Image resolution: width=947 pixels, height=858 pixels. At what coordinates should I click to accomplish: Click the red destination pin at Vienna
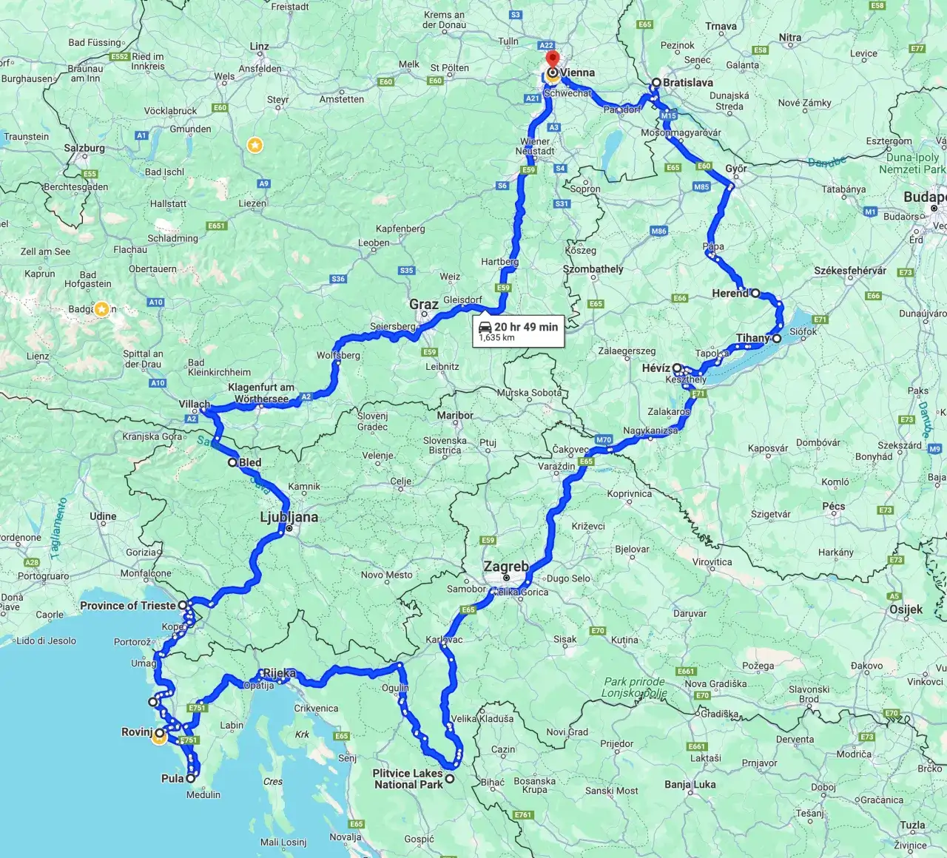tap(552, 59)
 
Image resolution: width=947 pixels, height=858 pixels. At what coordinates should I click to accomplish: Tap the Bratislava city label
tap(687, 83)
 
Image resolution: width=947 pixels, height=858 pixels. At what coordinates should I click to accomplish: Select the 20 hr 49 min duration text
tap(526, 327)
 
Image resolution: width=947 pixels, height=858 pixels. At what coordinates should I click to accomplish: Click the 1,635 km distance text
tap(496, 338)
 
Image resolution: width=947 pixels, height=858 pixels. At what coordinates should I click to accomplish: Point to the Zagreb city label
tap(506, 567)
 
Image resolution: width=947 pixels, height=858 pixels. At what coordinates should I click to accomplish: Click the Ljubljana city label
tap(289, 517)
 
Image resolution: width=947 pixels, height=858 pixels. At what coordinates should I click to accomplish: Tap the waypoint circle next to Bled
tap(232, 462)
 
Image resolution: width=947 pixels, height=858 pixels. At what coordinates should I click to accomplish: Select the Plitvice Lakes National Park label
tap(408, 779)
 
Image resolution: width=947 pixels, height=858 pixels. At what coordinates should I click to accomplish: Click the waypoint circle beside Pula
tap(191, 778)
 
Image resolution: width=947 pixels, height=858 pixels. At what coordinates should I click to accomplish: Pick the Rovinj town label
tap(137, 732)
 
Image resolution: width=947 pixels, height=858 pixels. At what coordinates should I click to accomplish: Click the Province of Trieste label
tap(128, 606)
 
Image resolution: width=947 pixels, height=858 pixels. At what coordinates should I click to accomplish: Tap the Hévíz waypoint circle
tap(677, 368)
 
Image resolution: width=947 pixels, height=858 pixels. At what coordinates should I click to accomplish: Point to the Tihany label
tap(753, 338)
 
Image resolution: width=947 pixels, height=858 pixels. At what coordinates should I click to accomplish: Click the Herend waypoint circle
tap(755, 293)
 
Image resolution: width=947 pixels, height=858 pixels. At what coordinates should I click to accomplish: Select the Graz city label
tap(424, 304)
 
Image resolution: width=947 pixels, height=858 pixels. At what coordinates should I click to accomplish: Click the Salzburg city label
tap(84, 148)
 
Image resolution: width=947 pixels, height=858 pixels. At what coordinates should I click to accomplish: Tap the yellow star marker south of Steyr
tap(255, 145)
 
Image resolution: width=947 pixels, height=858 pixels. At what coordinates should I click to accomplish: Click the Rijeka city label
tap(280, 673)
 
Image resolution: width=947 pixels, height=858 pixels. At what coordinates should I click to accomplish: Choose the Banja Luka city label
tap(690, 784)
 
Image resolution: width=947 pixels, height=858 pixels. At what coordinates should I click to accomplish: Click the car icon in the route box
tap(485, 327)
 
